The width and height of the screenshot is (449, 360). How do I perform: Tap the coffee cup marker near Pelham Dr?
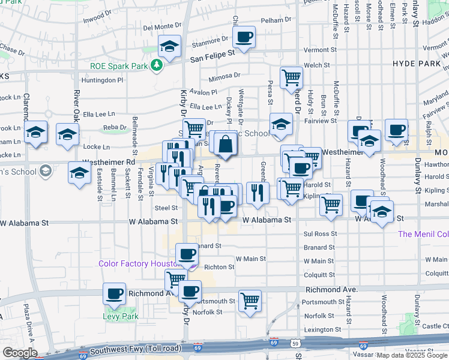point(244,37)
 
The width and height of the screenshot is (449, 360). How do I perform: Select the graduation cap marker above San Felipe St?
point(170,47)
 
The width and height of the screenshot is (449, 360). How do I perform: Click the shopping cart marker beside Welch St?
point(291,77)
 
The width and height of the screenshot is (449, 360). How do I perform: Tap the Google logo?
point(19,353)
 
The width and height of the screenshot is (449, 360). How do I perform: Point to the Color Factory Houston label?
point(140,264)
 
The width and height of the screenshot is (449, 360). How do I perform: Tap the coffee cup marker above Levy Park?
point(114,294)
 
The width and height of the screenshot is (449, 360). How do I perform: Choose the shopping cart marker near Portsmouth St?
point(250,301)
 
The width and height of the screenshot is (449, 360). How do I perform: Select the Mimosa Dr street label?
point(224,76)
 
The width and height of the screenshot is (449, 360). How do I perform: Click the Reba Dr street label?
point(115,127)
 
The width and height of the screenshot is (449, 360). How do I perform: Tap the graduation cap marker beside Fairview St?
point(280,124)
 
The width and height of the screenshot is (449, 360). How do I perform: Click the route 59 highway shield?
point(295,343)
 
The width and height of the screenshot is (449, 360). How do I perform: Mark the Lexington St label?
point(318,329)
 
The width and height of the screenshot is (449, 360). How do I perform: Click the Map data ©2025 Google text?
point(412,355)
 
